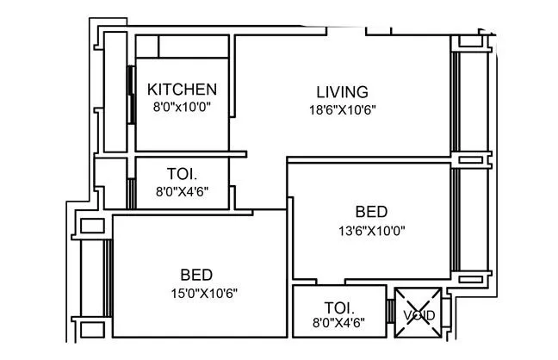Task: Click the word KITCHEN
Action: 182,90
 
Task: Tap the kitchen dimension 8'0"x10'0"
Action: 182,107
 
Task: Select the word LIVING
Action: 342,91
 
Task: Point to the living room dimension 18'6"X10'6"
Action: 342,109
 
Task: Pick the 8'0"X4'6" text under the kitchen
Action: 182,192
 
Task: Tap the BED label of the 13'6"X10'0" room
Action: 371,211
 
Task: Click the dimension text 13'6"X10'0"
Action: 371,230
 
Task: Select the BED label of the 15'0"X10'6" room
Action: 196,275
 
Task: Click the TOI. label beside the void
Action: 338,307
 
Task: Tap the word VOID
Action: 418,315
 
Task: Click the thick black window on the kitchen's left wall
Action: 130,94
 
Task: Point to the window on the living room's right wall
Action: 456,102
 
